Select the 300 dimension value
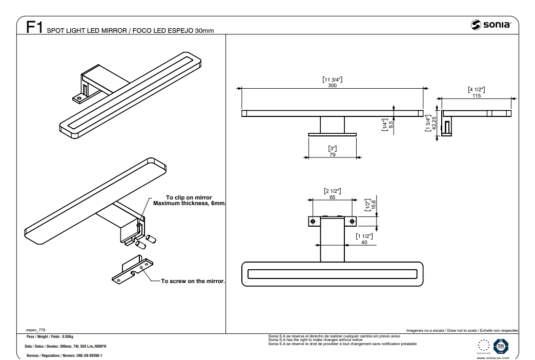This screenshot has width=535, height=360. click(x=332, y=85)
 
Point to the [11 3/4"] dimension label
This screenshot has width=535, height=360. click(x=332, y=79)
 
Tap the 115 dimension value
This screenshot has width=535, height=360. click(x=477, y=96)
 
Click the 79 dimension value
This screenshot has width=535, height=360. click(x=332, y=154)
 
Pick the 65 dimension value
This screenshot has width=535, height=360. click(x=332, y=197)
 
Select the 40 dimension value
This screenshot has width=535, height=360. click(x=364, y=242)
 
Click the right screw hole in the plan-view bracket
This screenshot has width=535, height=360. click(x=352, y=221)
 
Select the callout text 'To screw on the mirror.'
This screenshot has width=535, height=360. click(x=193, y=281)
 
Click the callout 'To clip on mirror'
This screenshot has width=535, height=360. click(x=189, y=197)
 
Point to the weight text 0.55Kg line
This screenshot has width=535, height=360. click(x=50, y=337)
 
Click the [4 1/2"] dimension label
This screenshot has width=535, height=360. click(x=477, y=90)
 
